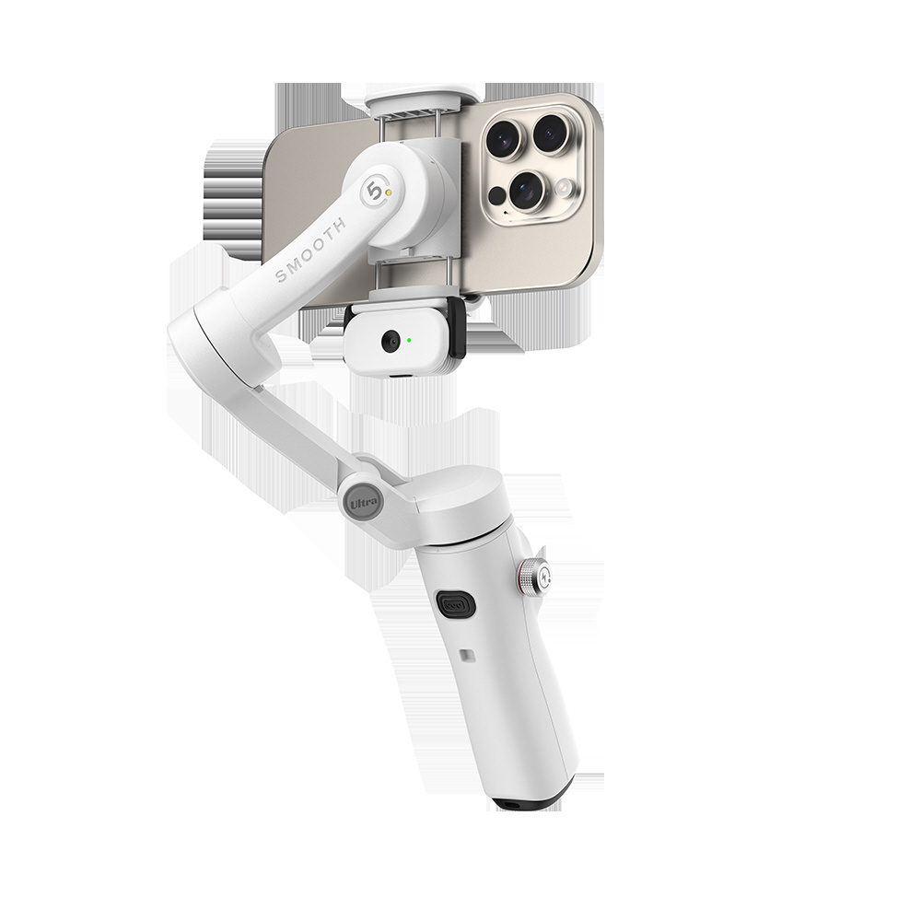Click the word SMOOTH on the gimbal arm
pyautogui.click(x=310, y=249)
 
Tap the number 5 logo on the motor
pyautogui.click(x=375, y=192)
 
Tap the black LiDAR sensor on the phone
pyautogui.click(x=497, y=195)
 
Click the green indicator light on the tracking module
pyautogui.click(x=408, y=339)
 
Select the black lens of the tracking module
pyautogui.click(x=390, y=342)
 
